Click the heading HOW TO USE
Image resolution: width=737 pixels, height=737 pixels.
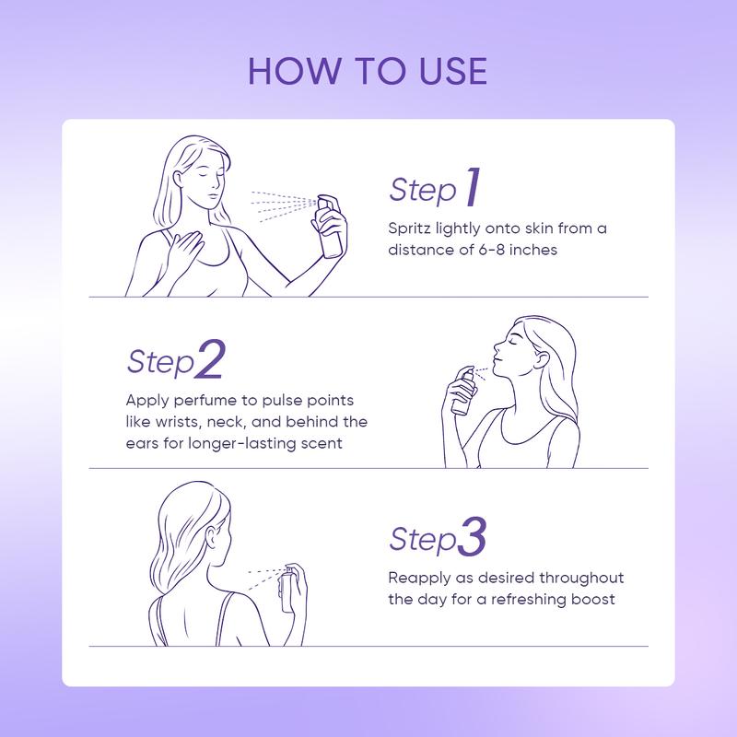(368, 72)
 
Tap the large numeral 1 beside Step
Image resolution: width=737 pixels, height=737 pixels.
(474, 187)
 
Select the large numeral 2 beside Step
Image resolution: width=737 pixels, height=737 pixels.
(210, 359)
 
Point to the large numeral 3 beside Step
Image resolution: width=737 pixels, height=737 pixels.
(472, 537)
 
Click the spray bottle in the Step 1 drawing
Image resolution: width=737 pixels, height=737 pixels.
(331, 227)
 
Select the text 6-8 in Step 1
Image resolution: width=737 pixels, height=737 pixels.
(492, 250)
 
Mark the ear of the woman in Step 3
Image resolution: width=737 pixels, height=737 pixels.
(214, 536)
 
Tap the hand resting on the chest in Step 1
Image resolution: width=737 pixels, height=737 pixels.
(185, 248)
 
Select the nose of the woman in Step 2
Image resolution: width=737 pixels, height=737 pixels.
(497, 347)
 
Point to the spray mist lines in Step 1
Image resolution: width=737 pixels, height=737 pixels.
(283, 205)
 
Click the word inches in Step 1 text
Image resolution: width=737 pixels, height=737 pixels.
(533, 250)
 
